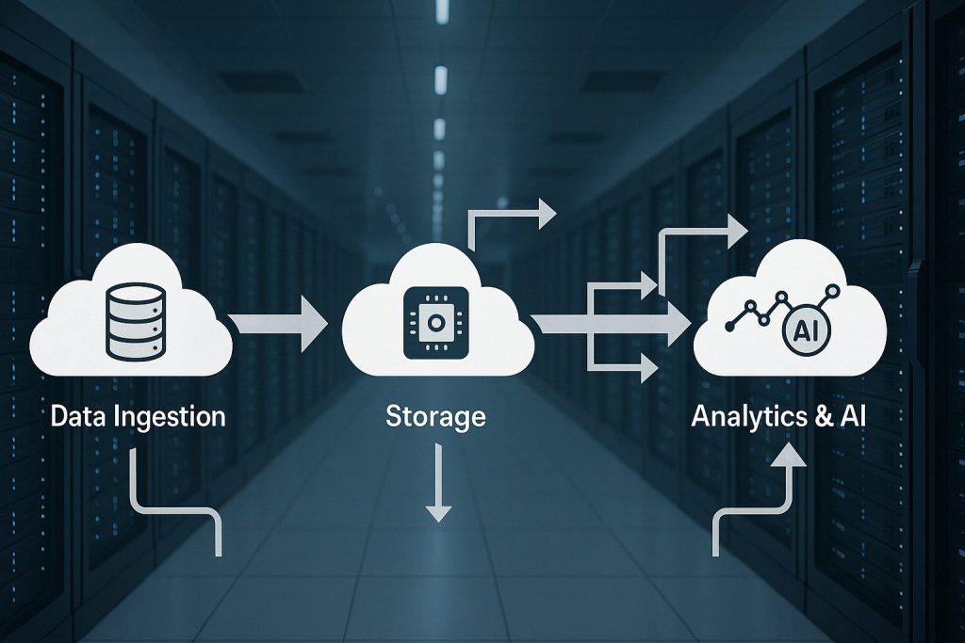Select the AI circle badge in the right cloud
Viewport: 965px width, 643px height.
[802, 330]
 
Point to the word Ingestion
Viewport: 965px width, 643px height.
[169, 417]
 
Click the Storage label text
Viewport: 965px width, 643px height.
[435, 417]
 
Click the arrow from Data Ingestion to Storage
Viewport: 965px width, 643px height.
[280, 323]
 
